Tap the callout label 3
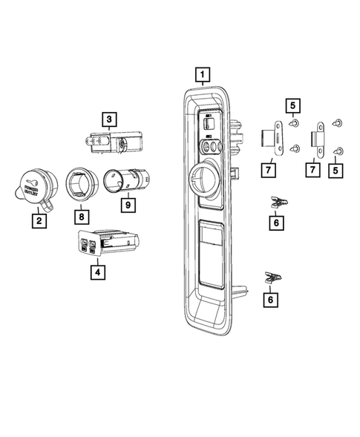point(109,119)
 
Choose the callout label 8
point(80,217)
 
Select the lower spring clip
point(274,279)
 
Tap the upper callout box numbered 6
point(276,220)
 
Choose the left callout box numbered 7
point(269,171)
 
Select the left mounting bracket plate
point(272,139)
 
